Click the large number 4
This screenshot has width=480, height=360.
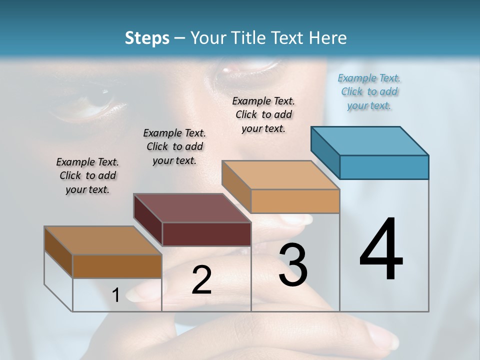click(381, 250)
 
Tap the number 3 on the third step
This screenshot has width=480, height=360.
click(293, 265)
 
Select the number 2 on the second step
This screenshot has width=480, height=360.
click(201, 280)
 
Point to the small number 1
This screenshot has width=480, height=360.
click(115, 295)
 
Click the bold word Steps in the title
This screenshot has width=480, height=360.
click(147, 38)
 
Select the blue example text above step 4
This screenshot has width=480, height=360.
click(369, 91)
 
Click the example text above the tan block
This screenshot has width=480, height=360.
click(263, 114)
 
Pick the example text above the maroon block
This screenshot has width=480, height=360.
click(174, 146)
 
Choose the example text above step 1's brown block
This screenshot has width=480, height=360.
click(87, 175)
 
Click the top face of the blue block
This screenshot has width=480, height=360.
click(370, 140)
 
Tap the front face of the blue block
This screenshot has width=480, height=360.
click(384, 167)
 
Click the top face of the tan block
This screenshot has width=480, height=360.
click(280, 175)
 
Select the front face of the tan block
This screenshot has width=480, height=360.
click(295, 201)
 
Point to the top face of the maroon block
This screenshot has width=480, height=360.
click(192, 208)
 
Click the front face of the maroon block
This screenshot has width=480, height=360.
click(206, 234)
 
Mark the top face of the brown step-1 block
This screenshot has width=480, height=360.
click(102, 240)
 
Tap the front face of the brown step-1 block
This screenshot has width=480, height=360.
click(117, 266)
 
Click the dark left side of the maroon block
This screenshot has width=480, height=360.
click(148, 220)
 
